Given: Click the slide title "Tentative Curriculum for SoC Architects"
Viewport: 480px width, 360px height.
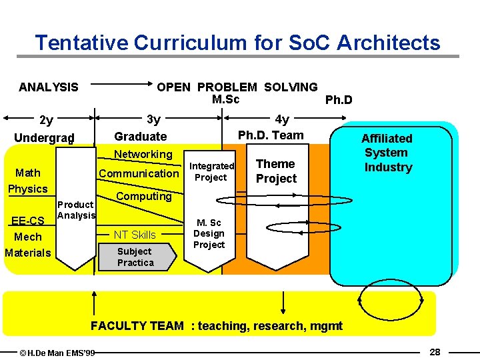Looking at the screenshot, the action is [x=237, y=43].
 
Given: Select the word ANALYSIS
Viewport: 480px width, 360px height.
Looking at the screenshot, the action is [x=49, y=87].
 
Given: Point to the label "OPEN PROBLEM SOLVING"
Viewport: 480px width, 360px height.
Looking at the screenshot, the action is [x=237, y=87].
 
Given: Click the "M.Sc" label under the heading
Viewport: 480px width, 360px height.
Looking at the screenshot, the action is [x=225, y=99].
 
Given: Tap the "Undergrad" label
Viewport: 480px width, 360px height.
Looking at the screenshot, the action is [x=44, y=137].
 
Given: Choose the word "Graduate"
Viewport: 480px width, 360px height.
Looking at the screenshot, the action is [x=141, y=137].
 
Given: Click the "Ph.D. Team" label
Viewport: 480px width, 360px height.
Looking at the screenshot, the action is [x=271, y=135].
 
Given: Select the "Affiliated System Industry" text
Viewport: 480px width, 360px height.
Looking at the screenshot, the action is [x=387, y=153].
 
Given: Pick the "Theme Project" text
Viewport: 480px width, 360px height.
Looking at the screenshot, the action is [x=276, y=171].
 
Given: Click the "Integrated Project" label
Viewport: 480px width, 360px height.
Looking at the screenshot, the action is [x=212, y=171].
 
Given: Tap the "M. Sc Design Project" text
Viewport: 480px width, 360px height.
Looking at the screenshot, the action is [x=209, y=233].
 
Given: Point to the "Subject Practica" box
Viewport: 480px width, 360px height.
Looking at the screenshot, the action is [x=135, y=257].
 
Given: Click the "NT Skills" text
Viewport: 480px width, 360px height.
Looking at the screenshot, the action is [x=135, y=235].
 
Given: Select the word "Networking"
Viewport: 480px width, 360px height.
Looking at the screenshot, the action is [x=143, y=155].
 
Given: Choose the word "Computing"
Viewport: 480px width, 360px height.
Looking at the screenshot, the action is [x=144, y=196].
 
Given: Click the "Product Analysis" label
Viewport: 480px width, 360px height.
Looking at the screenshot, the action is [x=76, y=210].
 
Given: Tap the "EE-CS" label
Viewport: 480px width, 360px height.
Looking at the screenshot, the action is [x=28, y=221].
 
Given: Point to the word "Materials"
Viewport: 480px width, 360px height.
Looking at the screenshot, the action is [x=27, y=253].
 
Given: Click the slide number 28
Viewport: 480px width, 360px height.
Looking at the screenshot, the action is [x=435, y=351].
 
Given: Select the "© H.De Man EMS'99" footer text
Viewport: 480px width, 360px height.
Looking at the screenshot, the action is [x=57, y=352].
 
